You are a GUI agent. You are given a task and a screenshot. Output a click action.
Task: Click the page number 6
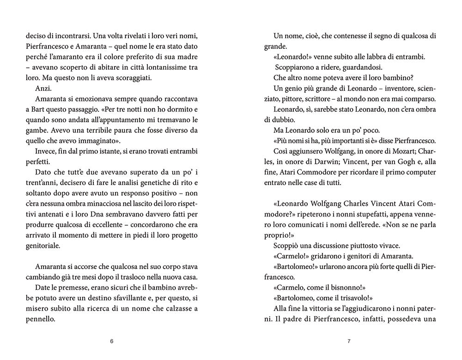(112, 342)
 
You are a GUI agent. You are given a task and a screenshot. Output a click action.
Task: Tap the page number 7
(349, 342)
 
